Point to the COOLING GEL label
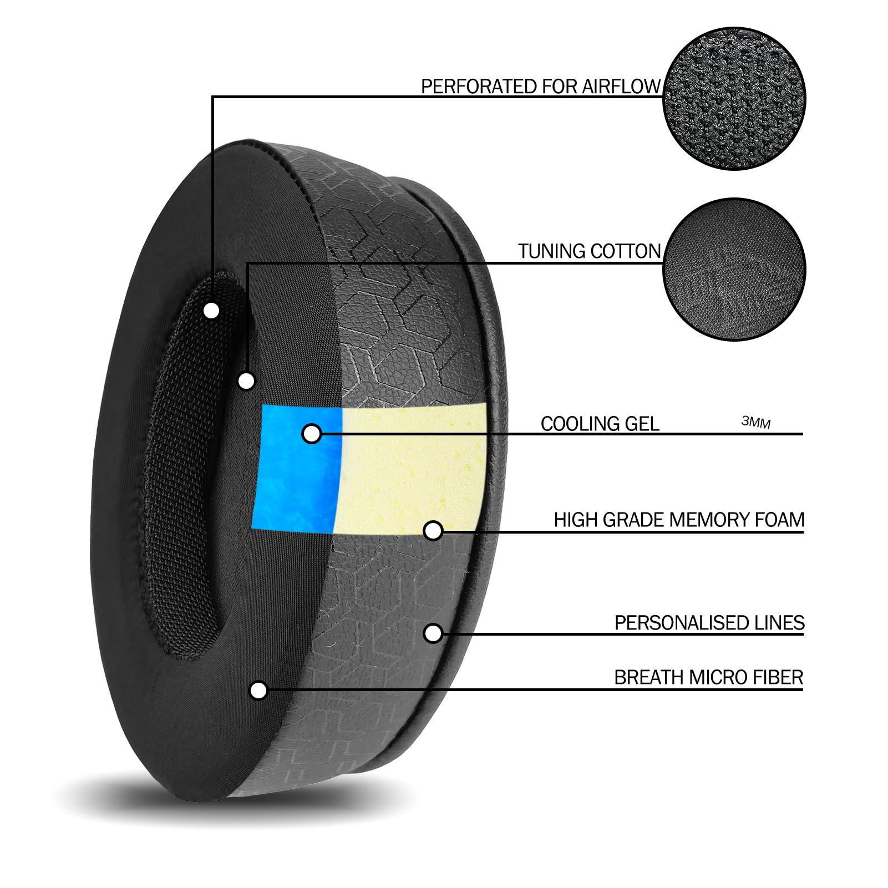pos(600,424)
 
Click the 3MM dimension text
pos(756,422)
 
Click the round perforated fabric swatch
pos(734,99)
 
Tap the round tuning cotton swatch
pos(734,270)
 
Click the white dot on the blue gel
pos(312,434)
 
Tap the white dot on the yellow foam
pos(433,531)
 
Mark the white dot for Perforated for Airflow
pos(211,311)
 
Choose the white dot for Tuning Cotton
pos(246,381)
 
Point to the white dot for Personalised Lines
pos(433,633)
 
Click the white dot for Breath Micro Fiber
pos(258,691)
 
